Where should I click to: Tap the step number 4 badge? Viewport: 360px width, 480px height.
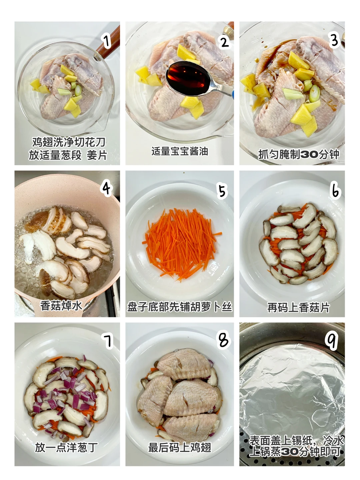point(107,189)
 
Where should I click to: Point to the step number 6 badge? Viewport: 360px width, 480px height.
point(335,191)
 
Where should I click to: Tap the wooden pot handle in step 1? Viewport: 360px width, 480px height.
point(109,42)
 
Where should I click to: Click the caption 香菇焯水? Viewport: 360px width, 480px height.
point(61,305)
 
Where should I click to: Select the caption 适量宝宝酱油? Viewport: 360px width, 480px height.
point(179,151)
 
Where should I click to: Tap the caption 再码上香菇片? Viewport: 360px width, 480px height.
point(299,307)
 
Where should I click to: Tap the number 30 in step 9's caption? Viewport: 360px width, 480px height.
point(290,451)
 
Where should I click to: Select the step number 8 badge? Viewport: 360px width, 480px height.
point(224,340)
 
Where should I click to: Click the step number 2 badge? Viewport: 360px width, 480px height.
point(224,42)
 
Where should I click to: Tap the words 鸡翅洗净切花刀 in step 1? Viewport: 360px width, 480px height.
point(69,142)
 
